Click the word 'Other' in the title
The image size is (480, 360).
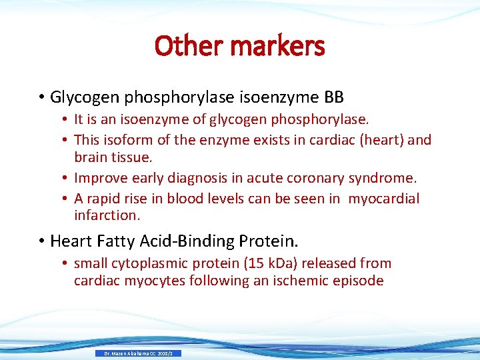click(x=184, y=47)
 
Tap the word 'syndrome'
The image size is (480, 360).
click(x=383, y=179)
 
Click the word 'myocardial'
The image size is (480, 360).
click(x=385, y=198)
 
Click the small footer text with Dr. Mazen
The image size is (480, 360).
click(x=138, y=353)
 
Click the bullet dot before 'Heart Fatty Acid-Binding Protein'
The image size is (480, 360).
click(x=41, y=241)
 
